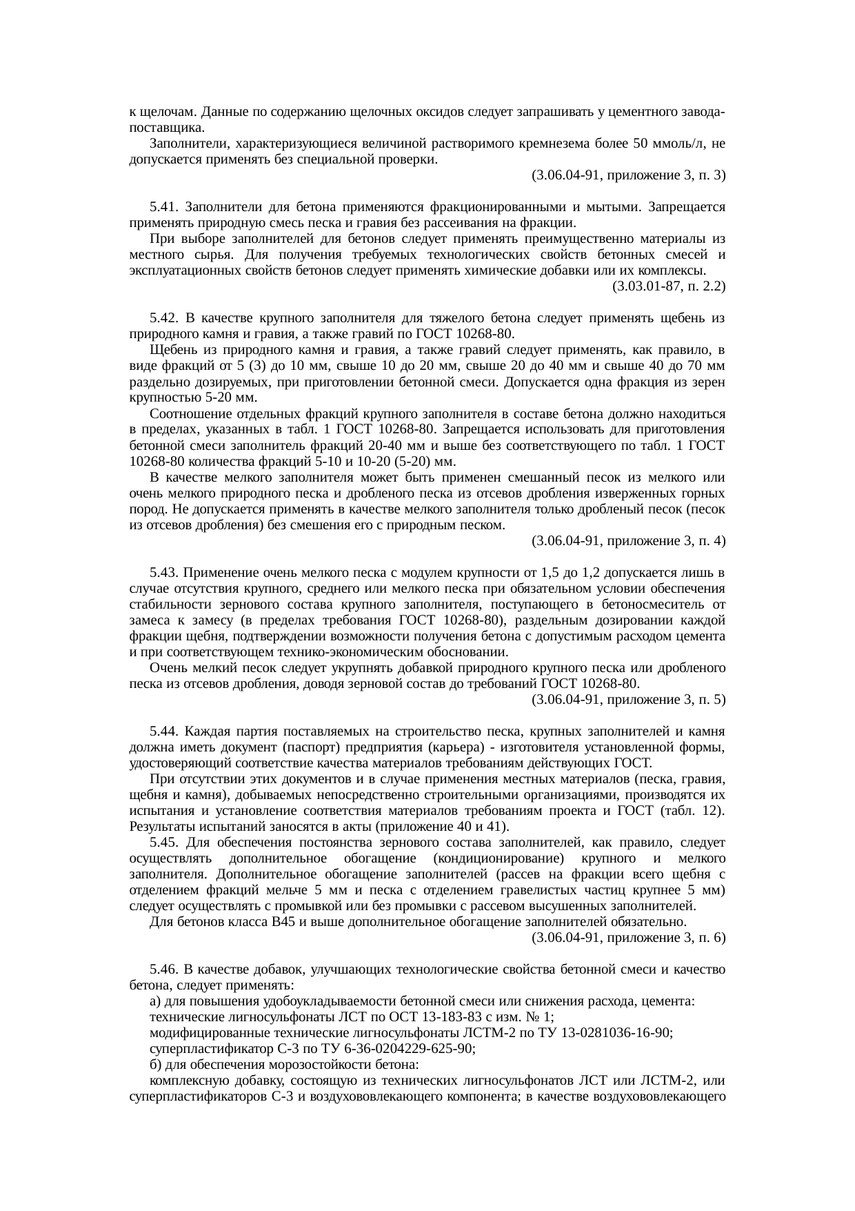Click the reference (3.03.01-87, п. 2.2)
tap(668, 286)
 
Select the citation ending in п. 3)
tap(628, 175)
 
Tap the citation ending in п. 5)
tap(628, 700)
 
